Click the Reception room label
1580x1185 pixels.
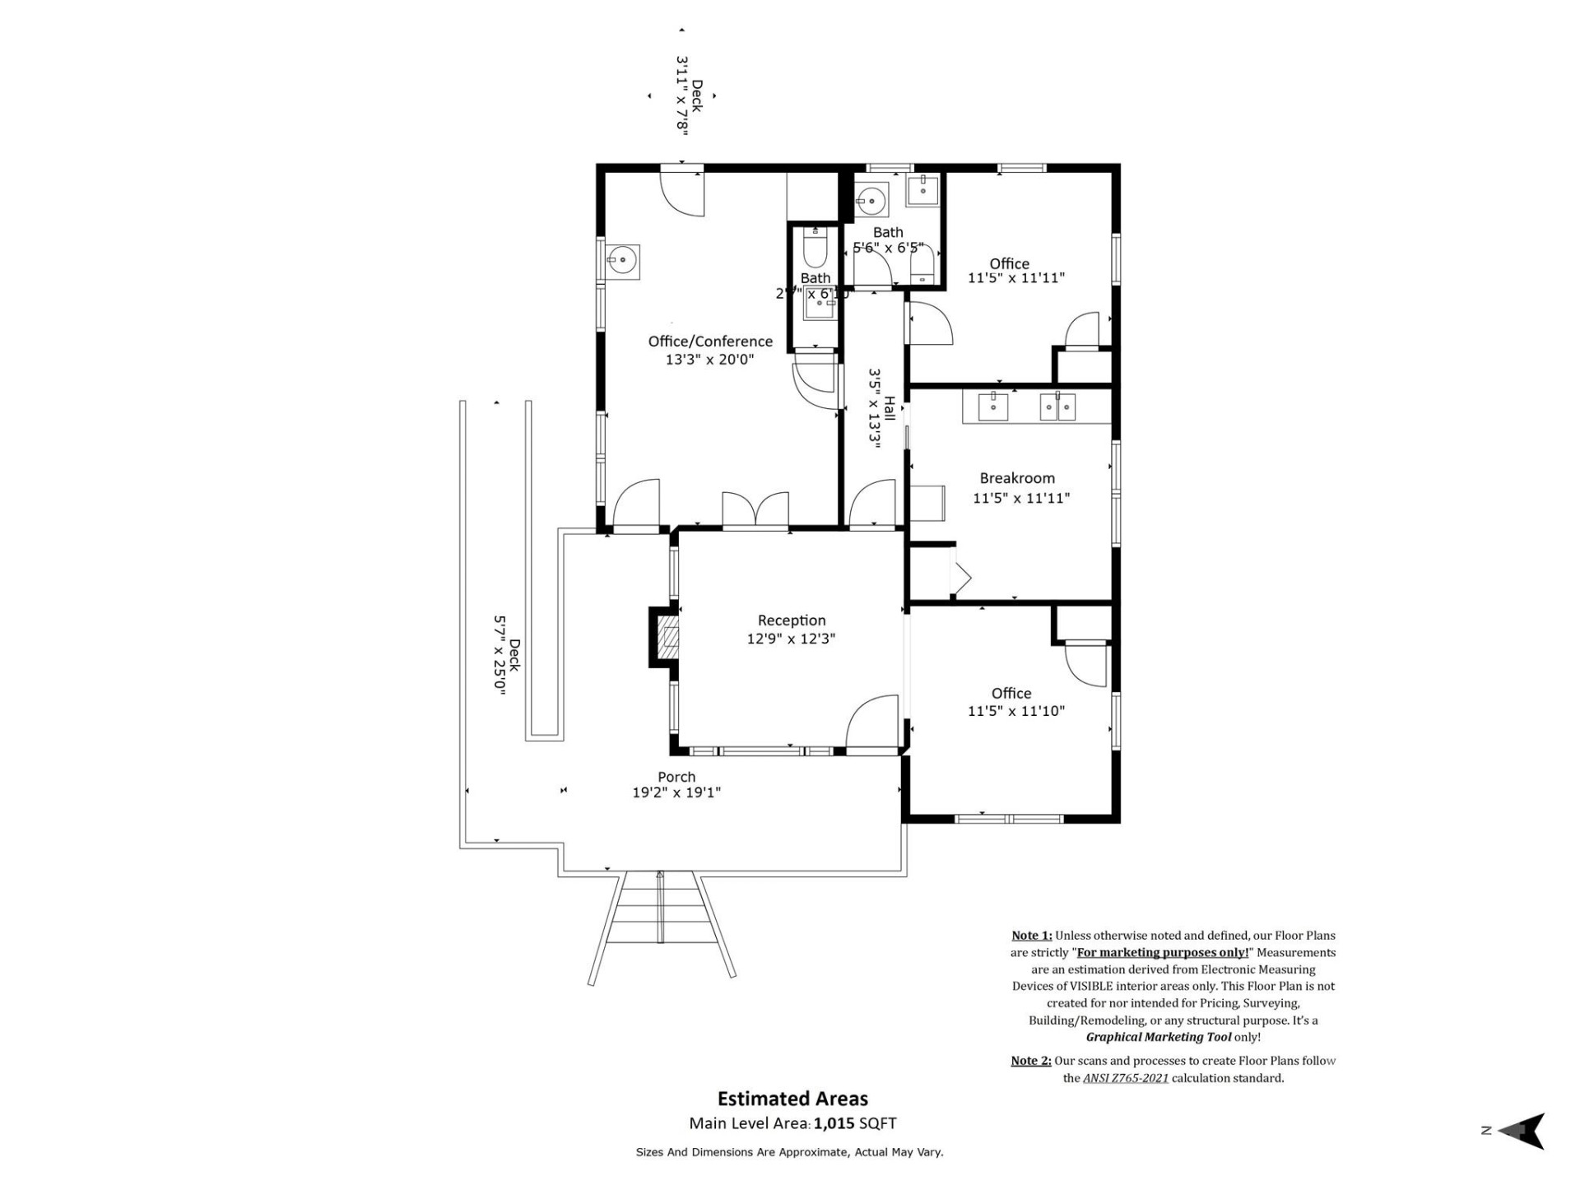click(x=791, y=620)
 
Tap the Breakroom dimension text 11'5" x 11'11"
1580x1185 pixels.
click(x=1020, y=498)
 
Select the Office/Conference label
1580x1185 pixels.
click(x=710, y=342)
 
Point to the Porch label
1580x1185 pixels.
click(x=676, y=777)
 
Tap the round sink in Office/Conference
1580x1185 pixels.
click(x=623, y=262)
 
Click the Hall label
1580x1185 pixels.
click(x=890, y=408)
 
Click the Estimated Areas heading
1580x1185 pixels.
click(x=792, y=1099)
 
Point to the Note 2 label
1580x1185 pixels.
click(x=1030, y=1061)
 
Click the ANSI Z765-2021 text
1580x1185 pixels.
click(x=1125, y=1078)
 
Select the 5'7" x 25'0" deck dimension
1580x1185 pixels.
click(x=499, y=655)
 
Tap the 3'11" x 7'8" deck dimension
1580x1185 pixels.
click(x=682, y=94)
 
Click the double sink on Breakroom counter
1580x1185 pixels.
click(x=1057, y=407)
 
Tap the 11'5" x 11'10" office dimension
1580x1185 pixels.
click(x=1015, y=711)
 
